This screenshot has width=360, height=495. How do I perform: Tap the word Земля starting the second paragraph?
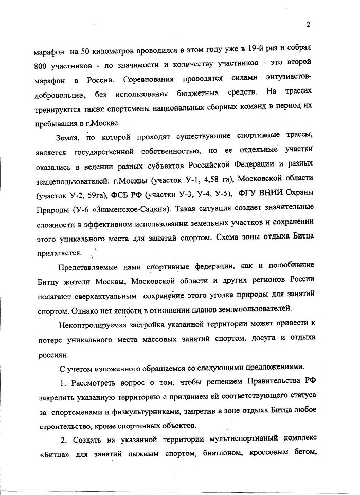pos(65,137)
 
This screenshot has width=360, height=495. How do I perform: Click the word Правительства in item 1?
pos(277,384)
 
